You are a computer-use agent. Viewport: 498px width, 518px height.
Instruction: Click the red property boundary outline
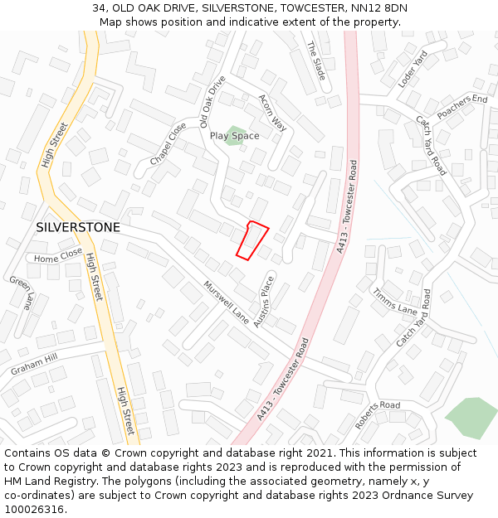coord(252,240)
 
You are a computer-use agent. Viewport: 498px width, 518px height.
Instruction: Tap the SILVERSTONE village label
coord(78,227)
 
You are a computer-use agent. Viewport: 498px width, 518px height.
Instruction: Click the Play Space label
coord(234,136)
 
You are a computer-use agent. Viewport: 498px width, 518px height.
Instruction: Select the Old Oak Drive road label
coord(212,101)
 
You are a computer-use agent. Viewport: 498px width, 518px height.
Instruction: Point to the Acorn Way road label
coord(272,112)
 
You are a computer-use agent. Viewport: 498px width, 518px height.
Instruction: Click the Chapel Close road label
coord(168,143)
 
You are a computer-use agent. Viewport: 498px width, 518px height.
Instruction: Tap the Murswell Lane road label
coord(226,302)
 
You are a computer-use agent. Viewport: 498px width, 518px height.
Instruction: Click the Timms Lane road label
coord(394,300)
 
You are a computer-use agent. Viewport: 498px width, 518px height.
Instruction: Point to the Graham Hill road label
coord(35,364)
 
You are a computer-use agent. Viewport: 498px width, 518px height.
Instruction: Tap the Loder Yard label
coord(412,69)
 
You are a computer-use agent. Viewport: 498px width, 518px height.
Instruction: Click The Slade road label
coord(317,61)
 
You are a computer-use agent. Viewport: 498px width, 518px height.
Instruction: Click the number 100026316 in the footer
coord(33,510)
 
